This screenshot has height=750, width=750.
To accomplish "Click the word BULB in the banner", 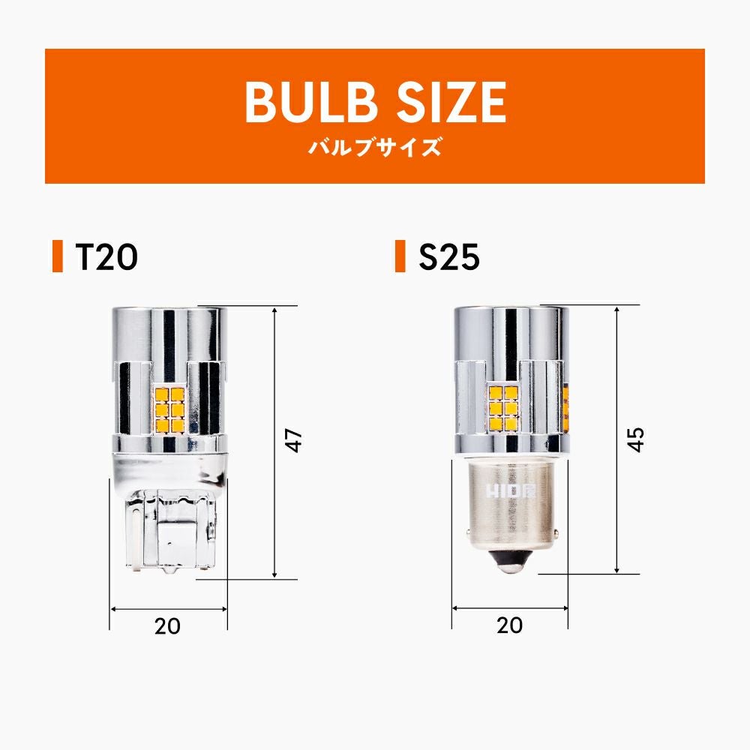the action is click(309, 102).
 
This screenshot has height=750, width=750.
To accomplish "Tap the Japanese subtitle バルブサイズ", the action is click(374, 147).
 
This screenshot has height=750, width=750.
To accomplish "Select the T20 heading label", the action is click(106, 256).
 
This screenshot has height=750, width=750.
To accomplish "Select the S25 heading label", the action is click(449, 256).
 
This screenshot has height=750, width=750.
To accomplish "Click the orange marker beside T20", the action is click(58, 256).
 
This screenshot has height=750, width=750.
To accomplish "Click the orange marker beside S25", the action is click(400, 256).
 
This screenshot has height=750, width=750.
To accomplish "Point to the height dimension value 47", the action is click(295, 440).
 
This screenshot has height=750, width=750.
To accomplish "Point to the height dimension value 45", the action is click(636, 439).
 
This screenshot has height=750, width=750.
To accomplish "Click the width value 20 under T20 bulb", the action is click(167, 625).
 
